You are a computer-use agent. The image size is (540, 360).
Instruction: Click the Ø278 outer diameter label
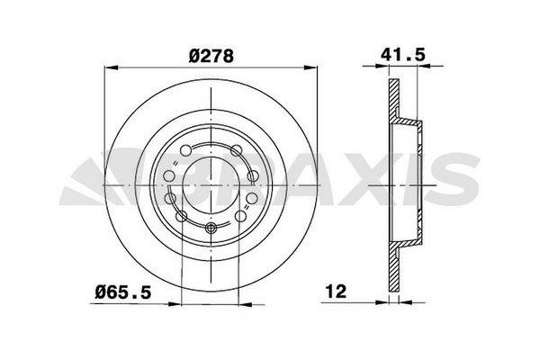[211, 55]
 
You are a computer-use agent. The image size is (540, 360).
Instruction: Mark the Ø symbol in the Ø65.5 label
[101, 292]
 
